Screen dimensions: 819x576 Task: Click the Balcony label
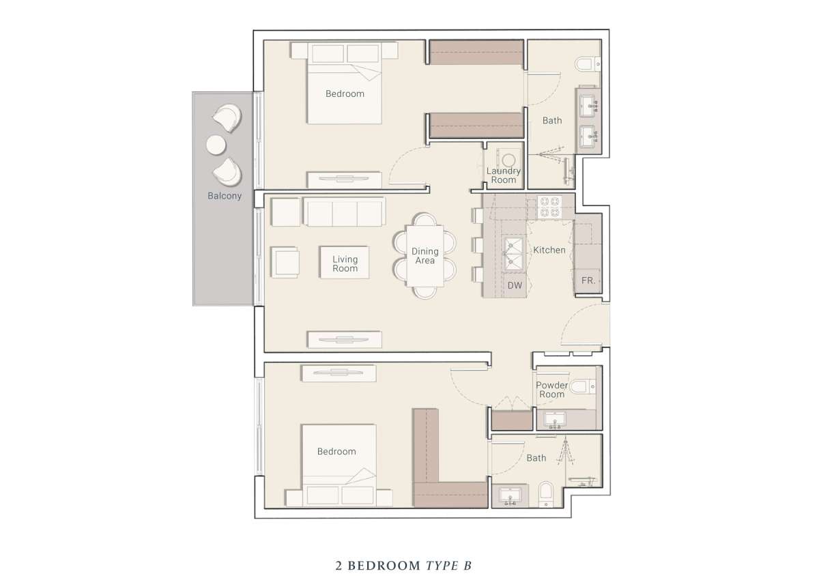click(225, 196)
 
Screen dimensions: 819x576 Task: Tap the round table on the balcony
click(216, 145)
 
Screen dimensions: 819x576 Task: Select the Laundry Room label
click(504, 175)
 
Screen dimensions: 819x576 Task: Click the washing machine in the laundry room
click(508, 160)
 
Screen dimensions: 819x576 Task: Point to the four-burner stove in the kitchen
click(549, 207)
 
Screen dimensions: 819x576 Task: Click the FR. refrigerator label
click(588, 281)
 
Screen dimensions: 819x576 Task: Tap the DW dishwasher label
click(515, 286)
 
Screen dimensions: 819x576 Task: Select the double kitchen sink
click(513, 253)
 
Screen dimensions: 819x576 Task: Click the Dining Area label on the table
click(425, 256)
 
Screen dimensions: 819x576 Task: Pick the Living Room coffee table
click(345, 263)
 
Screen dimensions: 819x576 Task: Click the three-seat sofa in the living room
click(344, 212)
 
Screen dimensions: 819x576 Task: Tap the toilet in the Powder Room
click(583, 386)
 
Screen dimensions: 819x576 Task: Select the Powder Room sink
click(555, 420)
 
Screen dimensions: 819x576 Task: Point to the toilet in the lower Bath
click(545, 495)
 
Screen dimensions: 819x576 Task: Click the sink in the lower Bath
click(510, 496)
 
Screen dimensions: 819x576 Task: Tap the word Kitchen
click(549, 250)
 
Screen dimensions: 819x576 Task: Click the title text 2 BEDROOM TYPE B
click(403, 566)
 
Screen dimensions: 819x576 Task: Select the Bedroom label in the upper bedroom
click(345, 94)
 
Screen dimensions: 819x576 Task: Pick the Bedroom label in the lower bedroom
click(336, 452)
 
